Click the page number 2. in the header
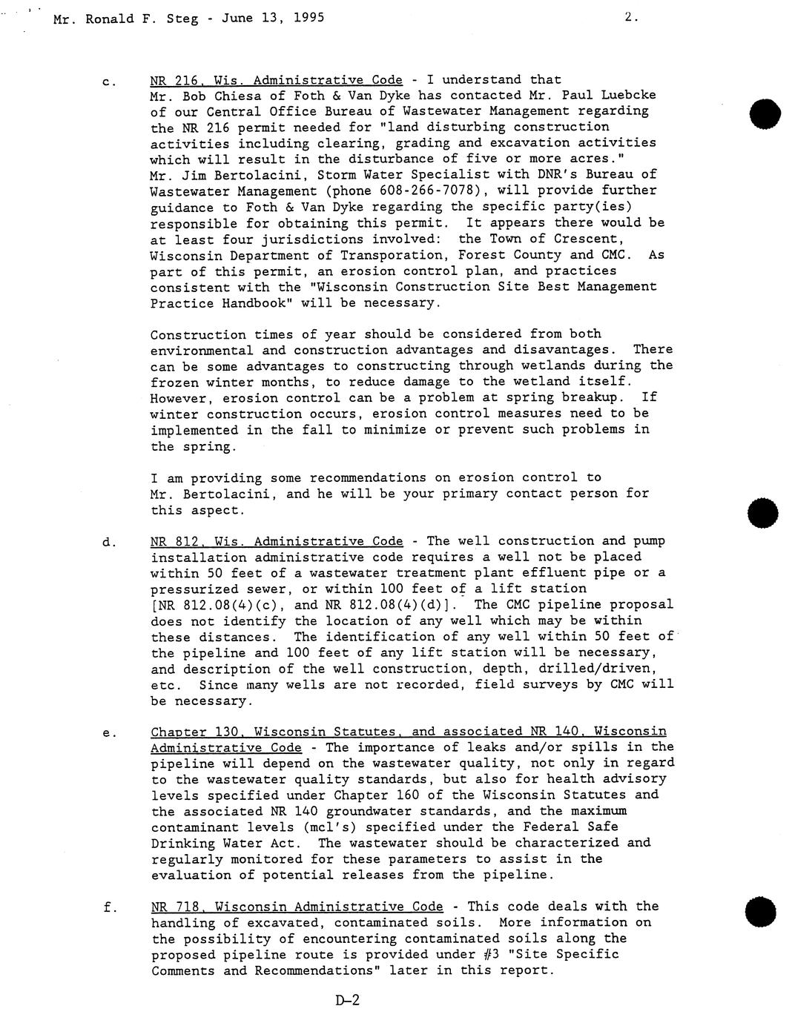point(631,17)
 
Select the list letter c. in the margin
point(108,81)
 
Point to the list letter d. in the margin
point(108,542)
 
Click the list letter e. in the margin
point(109,733)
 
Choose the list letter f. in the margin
point(108,907)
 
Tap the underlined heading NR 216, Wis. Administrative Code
point(276,80)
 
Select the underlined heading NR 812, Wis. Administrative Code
point(277,541)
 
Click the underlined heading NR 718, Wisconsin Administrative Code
point(297,907)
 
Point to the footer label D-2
point(347,1001)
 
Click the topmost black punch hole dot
point(764,113)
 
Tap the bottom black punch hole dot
point(762,911)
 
